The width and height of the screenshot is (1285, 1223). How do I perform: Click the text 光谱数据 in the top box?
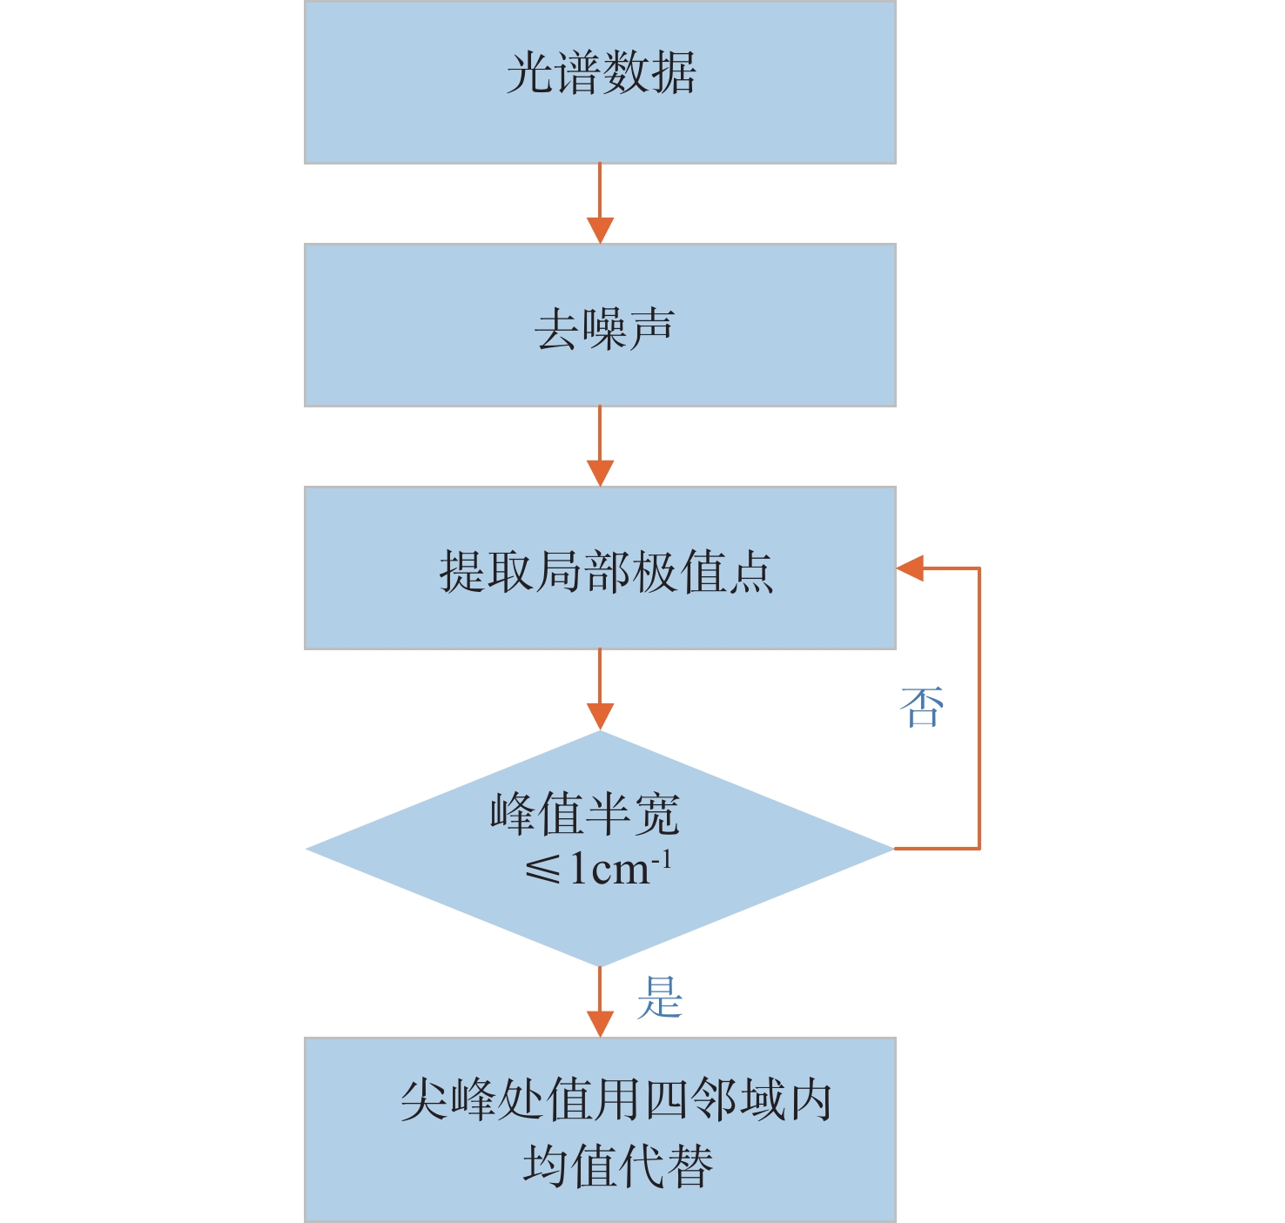601,73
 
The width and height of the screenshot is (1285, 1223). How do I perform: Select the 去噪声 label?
604,330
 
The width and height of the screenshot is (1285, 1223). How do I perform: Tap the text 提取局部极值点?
606,572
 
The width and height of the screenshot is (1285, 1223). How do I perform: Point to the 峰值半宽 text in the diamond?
584,815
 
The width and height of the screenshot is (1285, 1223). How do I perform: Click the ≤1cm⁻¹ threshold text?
598,868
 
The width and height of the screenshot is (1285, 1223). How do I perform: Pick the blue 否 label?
921,707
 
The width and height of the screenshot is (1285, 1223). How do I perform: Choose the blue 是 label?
659,998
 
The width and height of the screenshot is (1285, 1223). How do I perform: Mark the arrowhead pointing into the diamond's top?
600,716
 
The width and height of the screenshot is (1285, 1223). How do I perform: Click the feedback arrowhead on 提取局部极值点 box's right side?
910,568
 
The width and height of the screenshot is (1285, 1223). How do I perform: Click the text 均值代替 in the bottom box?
617,1166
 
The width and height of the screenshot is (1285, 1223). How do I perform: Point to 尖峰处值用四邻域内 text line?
616,1100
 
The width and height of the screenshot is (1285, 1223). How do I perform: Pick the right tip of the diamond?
891,848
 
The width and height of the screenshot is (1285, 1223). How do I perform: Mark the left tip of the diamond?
308,849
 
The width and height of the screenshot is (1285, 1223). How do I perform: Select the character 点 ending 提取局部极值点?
751,572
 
